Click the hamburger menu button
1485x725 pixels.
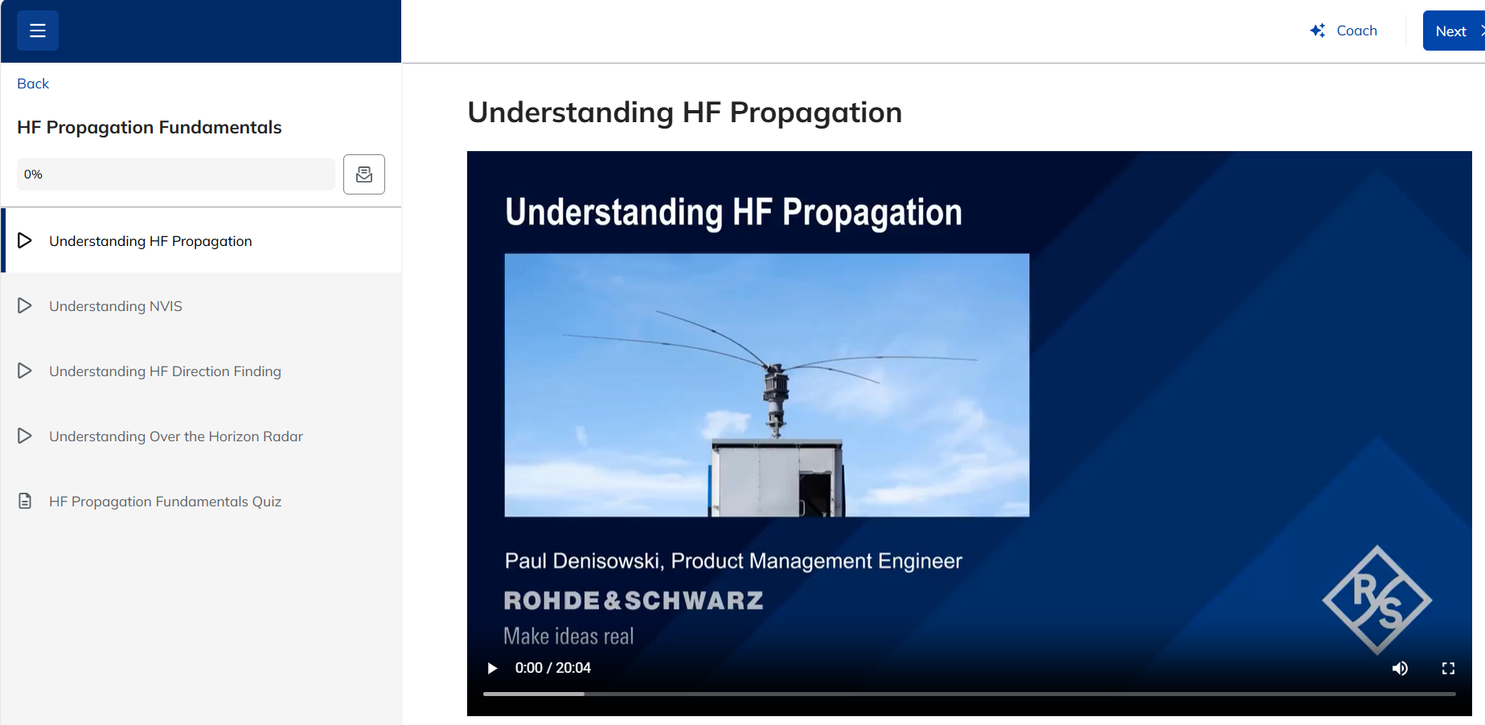click(x=38, y=31)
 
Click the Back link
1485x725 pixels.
click(x=33, y=84)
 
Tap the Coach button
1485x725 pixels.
click(x=1343, y=31)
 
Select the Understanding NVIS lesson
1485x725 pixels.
click(x=116, y=306)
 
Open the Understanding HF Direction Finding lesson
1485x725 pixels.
click(x=165, y=371)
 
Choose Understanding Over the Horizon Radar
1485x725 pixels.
click(x=176, y=436)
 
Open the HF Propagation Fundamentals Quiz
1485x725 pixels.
click(x=165, y=502)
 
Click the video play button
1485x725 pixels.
click(x=492, y=668)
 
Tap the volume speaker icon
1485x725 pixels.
click(x=1400, y=668)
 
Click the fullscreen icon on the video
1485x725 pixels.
click(x=1448, y=668)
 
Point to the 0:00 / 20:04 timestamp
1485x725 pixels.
click(x=553, y=668)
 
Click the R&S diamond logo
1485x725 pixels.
click(x=1376, y=600)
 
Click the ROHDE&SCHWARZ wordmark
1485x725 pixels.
click(x=634, y=600)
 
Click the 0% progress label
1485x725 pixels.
click(x=33, y=174)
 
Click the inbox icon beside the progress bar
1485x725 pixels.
click(x=364, y=174)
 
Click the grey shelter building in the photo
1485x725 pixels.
click(x=777, y=477)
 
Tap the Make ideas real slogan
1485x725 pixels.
click(x=568, y=637)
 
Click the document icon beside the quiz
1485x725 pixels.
click(x=25, y=502)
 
